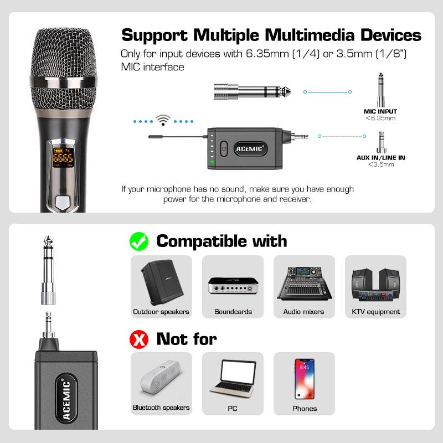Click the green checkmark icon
[x=139, y=241]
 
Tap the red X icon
[x=139, y=339]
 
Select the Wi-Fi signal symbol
[x=163, y=120]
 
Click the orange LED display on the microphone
[x=63, y=157]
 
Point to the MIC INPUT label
[x=380, y=111]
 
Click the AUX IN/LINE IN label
[x=380, y=158]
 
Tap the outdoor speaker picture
[x=162, y=282]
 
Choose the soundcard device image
[x=233, y=286]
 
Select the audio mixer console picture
[x=304, y=284]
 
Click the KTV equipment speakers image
[x=376, y=284]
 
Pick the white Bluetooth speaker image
[x=161, y=377]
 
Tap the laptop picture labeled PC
[x=233, y=379]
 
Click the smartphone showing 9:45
[x=304, y=379]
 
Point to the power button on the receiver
[x=224, y=148]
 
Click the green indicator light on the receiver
[x=212, y=162]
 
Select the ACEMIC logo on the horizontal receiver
[x=250, y=148]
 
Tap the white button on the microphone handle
[x=63, y=202]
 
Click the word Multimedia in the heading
[x=310, y=35]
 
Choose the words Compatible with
[x=222, y=241]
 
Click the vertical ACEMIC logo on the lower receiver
[x=66, y=399]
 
